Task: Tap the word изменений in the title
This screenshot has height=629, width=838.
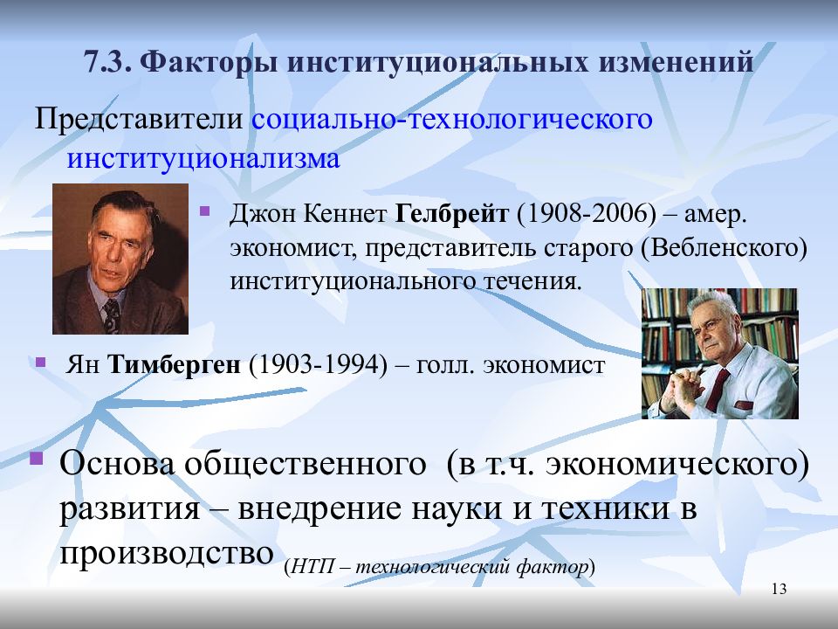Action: (676, 61)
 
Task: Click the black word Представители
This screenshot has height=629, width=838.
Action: (139, 119)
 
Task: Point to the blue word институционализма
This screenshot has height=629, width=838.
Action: (203, 159)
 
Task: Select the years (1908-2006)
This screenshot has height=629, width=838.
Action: (587, 214)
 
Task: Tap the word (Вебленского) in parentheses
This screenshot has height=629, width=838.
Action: (723, 248)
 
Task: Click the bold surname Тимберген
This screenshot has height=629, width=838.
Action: (175, 365)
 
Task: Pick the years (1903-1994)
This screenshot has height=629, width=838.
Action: (318, 365)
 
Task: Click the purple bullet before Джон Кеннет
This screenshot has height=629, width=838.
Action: (204, 211)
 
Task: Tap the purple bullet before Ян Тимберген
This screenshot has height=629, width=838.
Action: (41, 363)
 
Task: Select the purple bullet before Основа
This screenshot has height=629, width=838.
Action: (36, 459)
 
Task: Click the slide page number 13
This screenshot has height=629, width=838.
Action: (780, 589)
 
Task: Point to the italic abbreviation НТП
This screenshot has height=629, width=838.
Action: (313, 566)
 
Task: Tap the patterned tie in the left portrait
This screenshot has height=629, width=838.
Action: (112, 315)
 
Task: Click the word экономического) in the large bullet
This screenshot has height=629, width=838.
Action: (678, 464)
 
